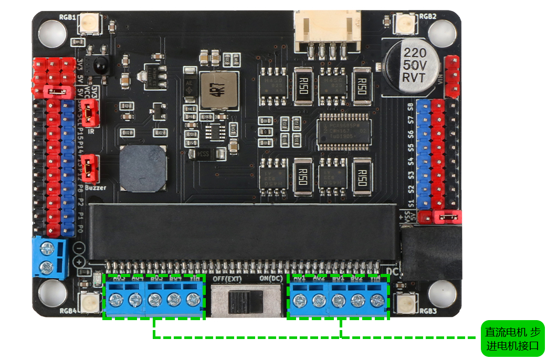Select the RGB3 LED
point(405,303)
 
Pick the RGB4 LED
point(88,303)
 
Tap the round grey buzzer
point(143,168)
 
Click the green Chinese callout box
point(512,339)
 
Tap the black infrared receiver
point(101,65)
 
